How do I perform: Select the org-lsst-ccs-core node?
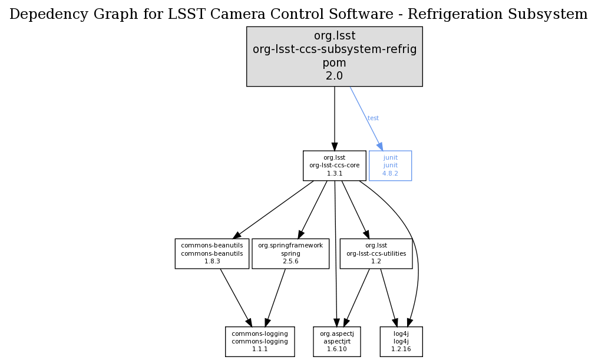click(334, 166)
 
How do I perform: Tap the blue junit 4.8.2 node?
click(390, 166)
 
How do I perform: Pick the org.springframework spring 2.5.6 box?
click(290, 253)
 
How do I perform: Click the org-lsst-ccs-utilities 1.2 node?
click(376, 253)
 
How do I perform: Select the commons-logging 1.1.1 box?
click(259, 341)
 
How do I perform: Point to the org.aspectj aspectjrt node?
click(336, 341)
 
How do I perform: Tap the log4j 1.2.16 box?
click(401, 341)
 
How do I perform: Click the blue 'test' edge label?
click(373, 118)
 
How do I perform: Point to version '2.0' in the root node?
click(334, 75)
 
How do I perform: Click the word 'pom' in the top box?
click(334, 62)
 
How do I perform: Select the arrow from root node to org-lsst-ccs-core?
click(335, 118)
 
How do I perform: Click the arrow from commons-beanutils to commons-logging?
click(236, 298)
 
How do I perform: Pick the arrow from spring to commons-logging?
click(275, 298)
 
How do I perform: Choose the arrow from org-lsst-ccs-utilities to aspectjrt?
click(356, 298)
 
